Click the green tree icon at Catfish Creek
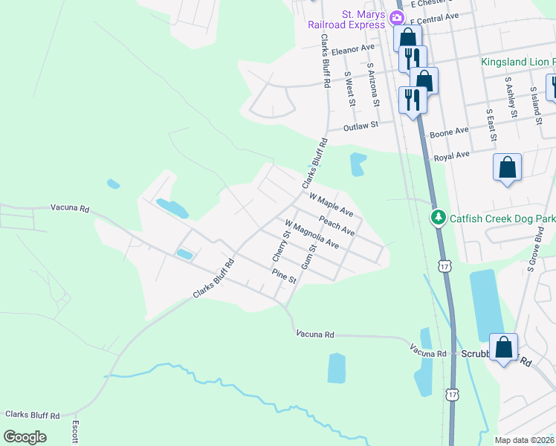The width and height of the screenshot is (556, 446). pyautogui.click(x=439, y=217)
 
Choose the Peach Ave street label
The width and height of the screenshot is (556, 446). pyautogui.click(x=337, y=224)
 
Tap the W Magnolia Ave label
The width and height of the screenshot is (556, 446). pyautogui.click(x=311, y=234)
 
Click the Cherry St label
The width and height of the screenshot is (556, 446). pyautogui.click(x=279, y=244)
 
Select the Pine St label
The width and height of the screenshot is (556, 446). pyautogui.click(x=284, y=276)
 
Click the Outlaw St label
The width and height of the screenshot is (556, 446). pyautogui.click(x=361, y=127)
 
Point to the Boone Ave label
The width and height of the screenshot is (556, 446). pyautogui.click(x=450, y=132)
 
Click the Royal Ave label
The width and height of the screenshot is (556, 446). pyautogui.click(x=453, y=155)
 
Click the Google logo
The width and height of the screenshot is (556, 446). pyautogui.click(x=25, y=436)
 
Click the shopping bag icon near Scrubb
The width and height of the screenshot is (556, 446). pyautogui.click(x=504, y=347)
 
